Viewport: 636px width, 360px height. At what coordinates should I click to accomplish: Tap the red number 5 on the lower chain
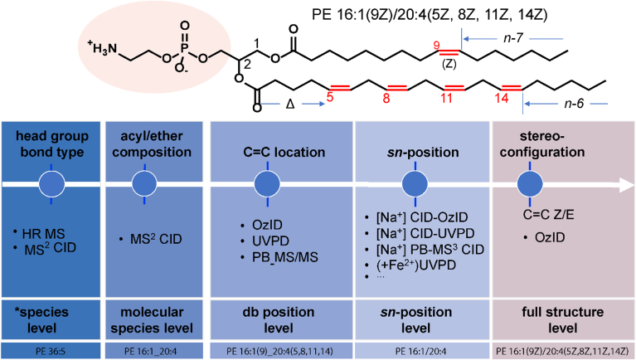(x=329, y=98)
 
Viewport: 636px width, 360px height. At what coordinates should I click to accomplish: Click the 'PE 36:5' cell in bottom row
(x=51, y=351)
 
